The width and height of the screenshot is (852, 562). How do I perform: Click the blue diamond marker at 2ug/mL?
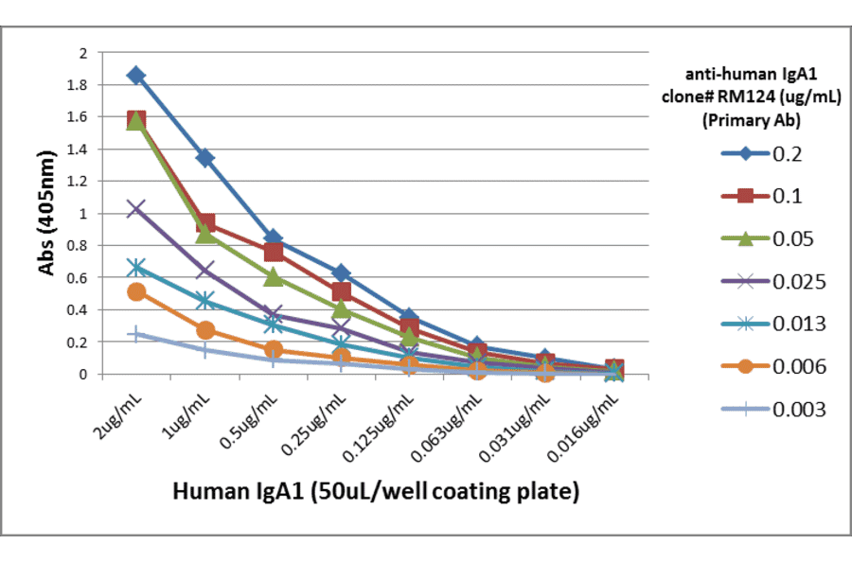(136, 75)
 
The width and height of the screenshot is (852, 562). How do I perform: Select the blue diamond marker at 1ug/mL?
(204, 157)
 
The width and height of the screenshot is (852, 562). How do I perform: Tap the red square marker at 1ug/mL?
(204, 223)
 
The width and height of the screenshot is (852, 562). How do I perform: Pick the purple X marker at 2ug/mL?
(136, 208)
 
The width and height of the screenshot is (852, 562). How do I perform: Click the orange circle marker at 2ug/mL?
(136, 291)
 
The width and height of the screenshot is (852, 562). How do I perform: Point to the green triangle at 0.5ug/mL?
(273, 276)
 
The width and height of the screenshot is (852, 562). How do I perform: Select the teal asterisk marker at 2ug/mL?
(136, 268)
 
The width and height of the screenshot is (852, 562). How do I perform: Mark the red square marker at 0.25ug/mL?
(341, 291)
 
